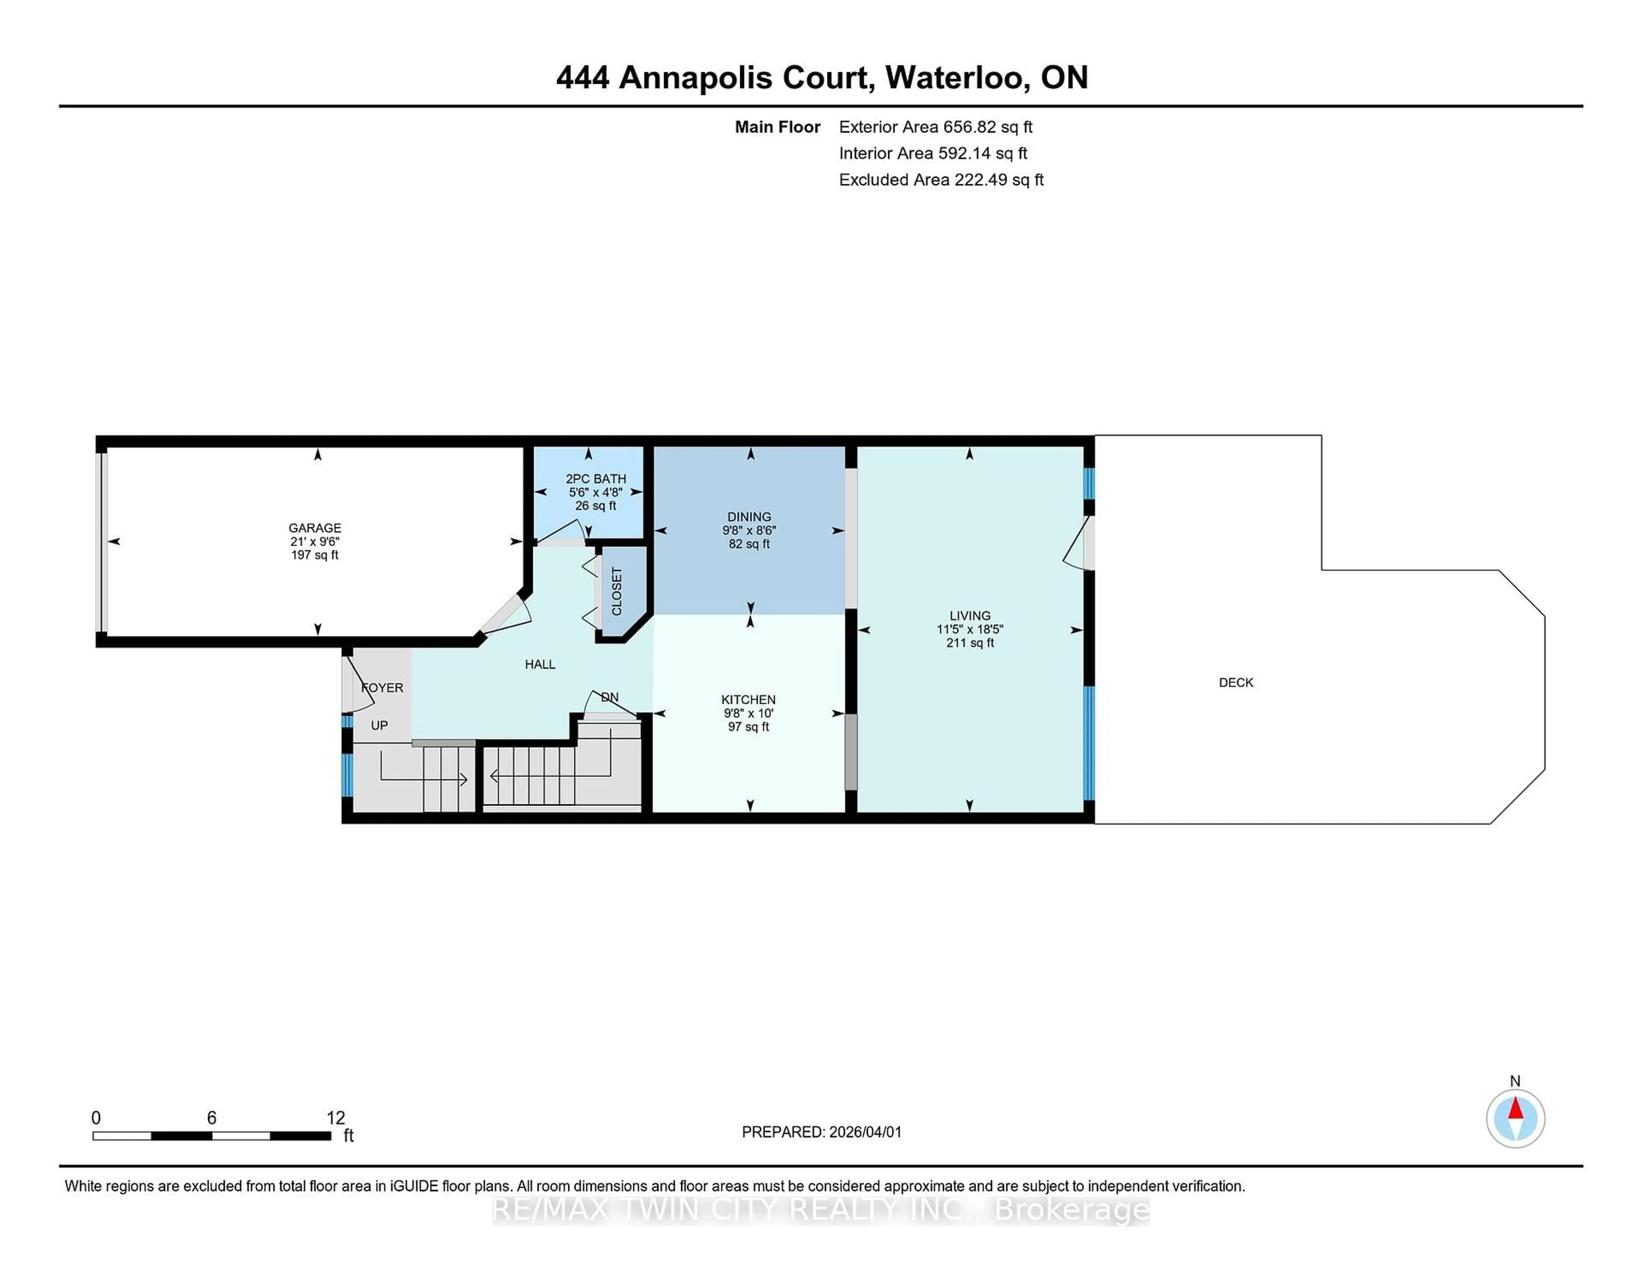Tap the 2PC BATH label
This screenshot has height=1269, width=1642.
point(596,479)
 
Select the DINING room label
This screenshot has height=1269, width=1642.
point(749,516)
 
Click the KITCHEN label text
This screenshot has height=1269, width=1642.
point(748,699)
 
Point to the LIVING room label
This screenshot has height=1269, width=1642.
point(970,615)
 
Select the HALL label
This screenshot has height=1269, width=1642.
point(540,664)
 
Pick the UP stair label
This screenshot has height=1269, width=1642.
point(379,726)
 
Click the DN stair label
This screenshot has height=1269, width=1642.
point(610,697)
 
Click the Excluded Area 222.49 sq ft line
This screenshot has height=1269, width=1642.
point(941,180)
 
